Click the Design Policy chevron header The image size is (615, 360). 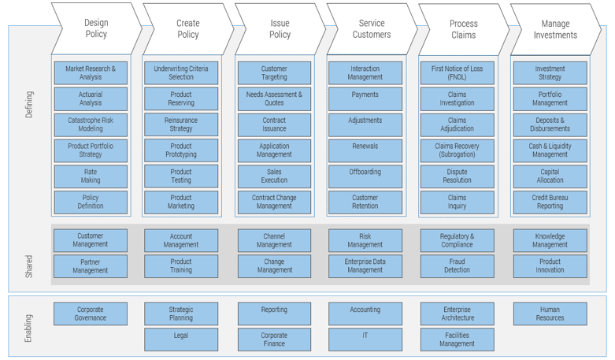[x=95, y=29]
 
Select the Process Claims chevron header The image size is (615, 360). [x=463, y=29]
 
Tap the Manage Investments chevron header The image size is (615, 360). [x=555, y=29]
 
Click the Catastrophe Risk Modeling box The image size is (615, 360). [x=91, y=124]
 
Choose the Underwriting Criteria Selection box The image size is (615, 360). [x=181, y=73]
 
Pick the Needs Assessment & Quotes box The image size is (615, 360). [x=274, y=98]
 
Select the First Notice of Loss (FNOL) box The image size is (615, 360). [x=457, y=73]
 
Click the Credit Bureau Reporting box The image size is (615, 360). [x=550, y=202]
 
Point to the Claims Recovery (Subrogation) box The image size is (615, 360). [x=457, y=150]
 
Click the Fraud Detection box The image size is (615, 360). [x=457, y=265]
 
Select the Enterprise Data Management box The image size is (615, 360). [x=365, y=265]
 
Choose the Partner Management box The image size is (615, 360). [x=91, y=265]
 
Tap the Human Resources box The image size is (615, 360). [x=550, y=314]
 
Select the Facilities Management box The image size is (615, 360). [x=457, y=339]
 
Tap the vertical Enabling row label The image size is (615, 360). [x=29, y=327]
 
